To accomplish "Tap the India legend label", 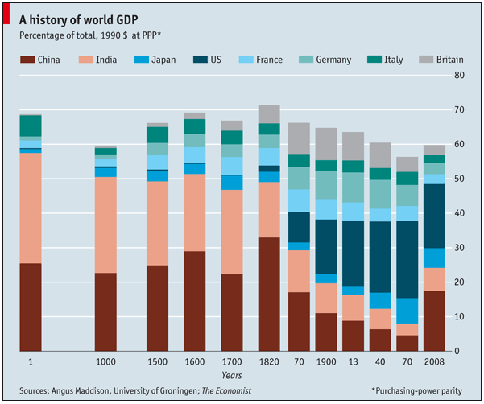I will tap(106, 60).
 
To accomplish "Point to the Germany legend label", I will tap(333, 60).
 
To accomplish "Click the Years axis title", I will tap(232, 375).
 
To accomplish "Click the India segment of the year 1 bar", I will tap(31, 208).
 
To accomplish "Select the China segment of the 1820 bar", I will tap(269, 294).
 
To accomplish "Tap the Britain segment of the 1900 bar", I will tap(326, 144).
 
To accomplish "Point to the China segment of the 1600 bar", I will tap(194, 301).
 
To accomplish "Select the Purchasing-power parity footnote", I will tap(416, 390).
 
